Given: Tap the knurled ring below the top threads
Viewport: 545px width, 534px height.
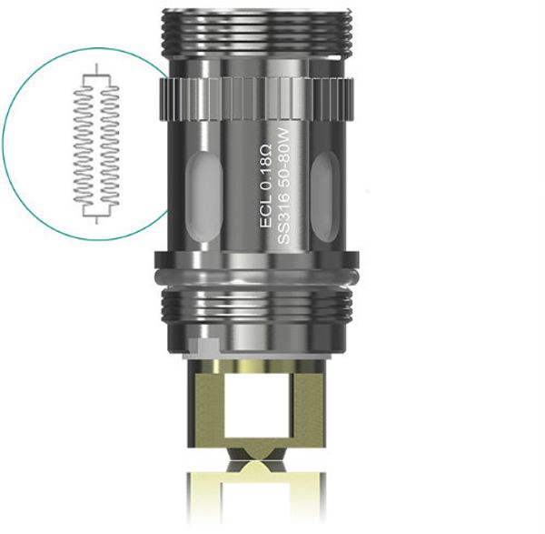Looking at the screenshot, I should (254, 92).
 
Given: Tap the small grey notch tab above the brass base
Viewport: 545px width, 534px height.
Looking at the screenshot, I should (205, 345).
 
